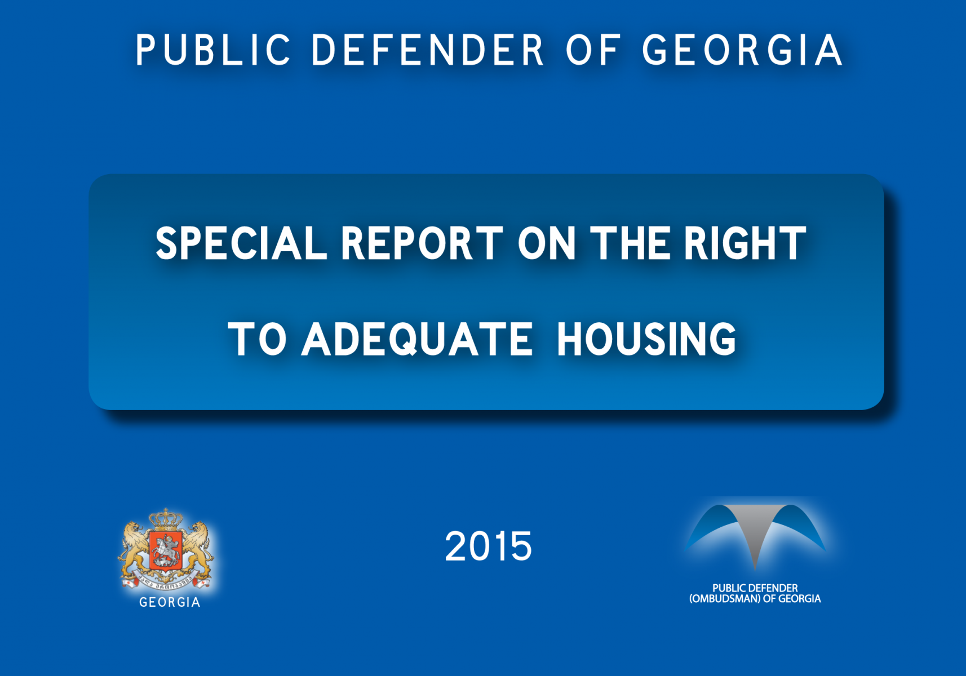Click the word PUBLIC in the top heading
tap(214, 50)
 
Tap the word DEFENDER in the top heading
tap(427, 50)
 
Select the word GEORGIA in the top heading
tap(742, 50)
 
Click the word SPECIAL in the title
tap(241, 243)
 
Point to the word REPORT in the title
tap(422, 243)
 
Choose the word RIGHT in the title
tap(745, 243)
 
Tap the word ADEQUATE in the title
tap(417, 339)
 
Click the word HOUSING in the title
tap(646, 339)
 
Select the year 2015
tap(488, 546)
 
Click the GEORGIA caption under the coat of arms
tap(170, 602)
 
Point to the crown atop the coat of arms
tap(166, 519)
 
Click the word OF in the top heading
tap(593, 50)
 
